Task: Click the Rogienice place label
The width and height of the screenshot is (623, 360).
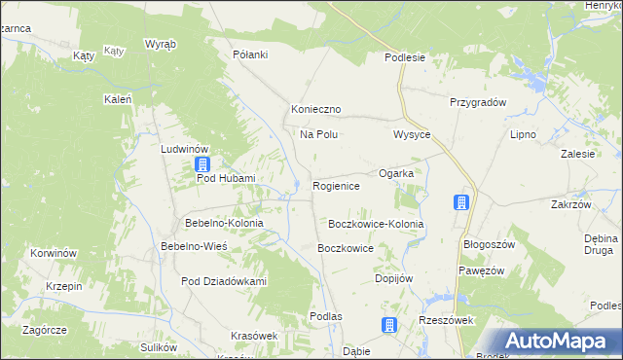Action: (337, 186)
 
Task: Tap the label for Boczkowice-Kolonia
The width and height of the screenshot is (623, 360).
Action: (376, 224)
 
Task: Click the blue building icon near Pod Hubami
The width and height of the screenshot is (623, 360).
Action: (202, 164)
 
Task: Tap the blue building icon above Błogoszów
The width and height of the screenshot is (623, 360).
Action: (461, 203)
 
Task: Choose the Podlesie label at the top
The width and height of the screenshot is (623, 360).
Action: (405, 57)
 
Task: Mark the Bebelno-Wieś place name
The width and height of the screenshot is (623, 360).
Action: (194, 247)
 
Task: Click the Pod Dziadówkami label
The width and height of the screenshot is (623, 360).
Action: (224, 281)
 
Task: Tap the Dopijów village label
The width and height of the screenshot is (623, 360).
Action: (394, 278)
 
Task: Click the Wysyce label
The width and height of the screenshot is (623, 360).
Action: (412, 134)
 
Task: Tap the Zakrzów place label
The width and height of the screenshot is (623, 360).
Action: (571, 205)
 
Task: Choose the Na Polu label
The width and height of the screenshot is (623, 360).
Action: (318, 134)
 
